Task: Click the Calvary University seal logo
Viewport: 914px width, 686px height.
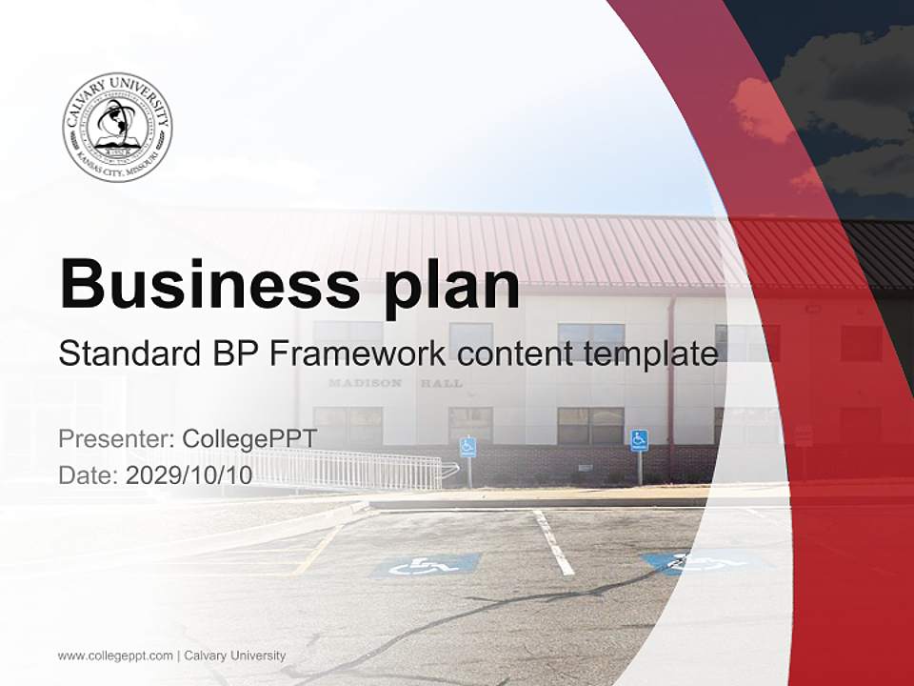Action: [117, 127]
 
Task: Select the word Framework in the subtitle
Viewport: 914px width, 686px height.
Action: [357, 353]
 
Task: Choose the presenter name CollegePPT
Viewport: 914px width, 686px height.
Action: [249, 439]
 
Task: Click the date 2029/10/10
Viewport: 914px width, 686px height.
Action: [189, 475]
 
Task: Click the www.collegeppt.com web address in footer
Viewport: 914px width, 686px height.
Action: [115, 656]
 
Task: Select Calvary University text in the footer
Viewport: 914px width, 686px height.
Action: [234, 656]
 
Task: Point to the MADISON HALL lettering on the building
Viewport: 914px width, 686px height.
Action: [395, 383]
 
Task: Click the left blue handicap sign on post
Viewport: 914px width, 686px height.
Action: [467, 446]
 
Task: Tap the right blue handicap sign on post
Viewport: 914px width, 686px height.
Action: [639, 440]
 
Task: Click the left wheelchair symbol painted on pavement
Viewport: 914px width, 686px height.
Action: [425, 566]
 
